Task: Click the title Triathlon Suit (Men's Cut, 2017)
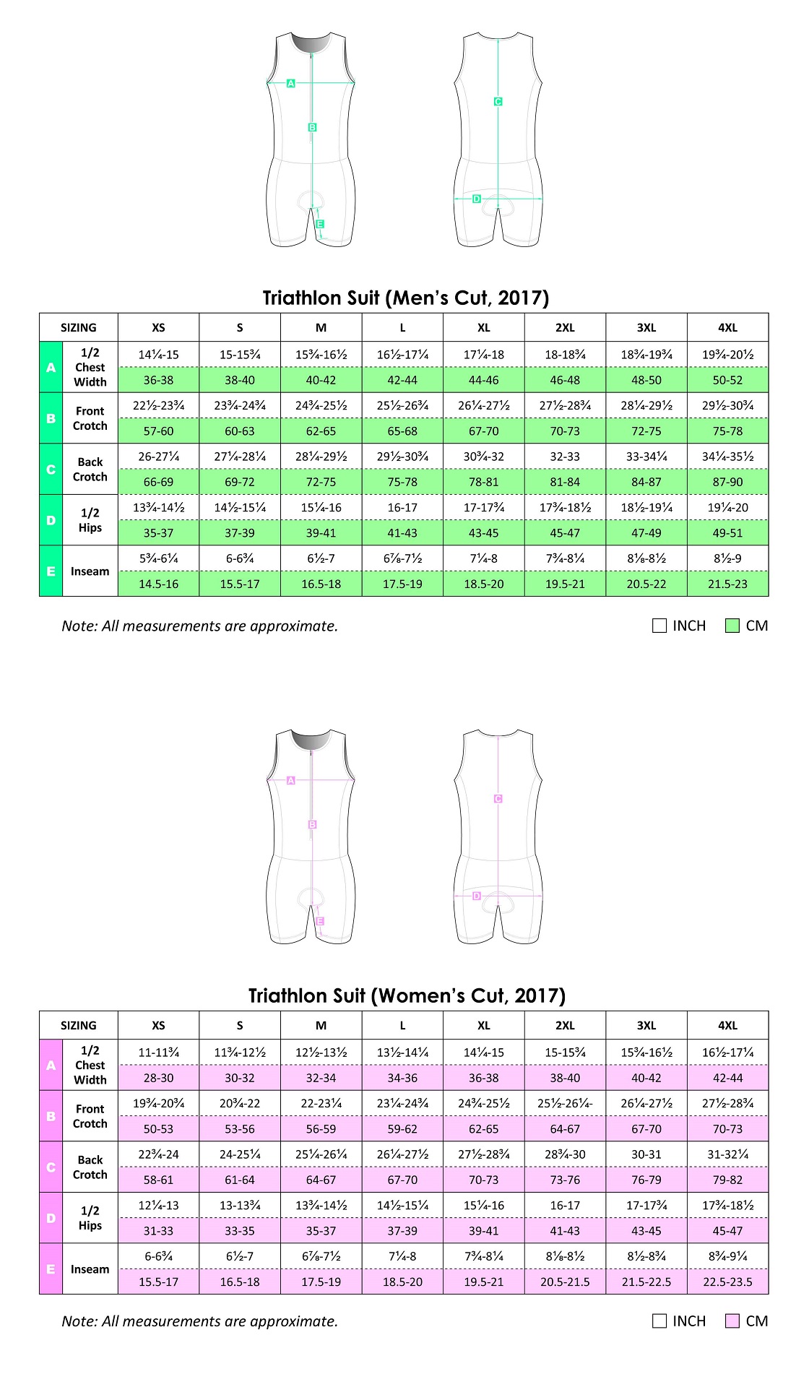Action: point(405,298)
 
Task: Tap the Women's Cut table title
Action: point(407,995)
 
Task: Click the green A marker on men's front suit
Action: point(291,83)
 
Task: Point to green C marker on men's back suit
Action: point(498,102)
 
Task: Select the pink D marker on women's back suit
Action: point(477,896)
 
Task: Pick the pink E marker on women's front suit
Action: point(320,921)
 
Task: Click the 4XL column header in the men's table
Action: point(727,327)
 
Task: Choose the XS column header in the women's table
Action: point(158,1025)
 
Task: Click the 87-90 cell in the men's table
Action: point(727,482)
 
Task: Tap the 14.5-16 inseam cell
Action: point(158,584)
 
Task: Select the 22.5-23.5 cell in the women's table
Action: point(727,1282)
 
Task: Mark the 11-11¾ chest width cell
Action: point(158,1053)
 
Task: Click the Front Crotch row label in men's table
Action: point(90,418)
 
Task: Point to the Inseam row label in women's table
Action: point(90,1269)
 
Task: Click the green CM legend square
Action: point(732,626)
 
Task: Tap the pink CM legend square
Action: point(732,1321)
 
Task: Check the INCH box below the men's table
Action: point(659,626)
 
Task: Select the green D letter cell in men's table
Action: point(51,520)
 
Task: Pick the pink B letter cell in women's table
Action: point(51,1116)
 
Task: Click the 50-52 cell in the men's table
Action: point(727,380)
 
